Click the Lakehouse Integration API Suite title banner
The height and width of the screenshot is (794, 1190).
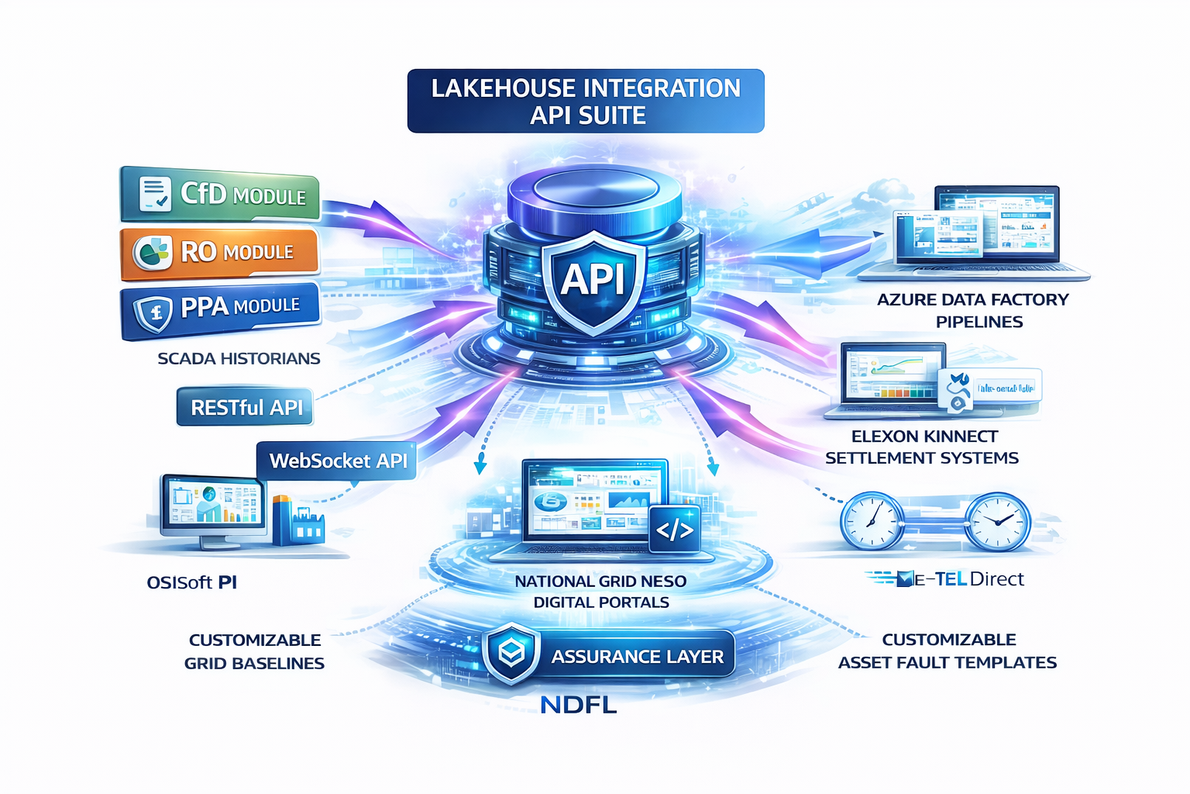click(x=586, y=102)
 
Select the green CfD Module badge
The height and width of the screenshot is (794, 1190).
click(x=221, y=194)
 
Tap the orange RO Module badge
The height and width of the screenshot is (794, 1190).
click(x=220, y=252)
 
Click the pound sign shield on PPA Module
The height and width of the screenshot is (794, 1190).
click(x=154, y=312)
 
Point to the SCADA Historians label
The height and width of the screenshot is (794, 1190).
click(x=239, y=358)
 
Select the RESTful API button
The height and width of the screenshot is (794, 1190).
click(x=245, y=407)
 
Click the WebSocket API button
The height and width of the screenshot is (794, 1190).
click(x=337, y=461)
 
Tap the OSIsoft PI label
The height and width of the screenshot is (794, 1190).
click(x=192, y=582)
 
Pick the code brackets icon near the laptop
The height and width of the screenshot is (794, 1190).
click(x=674, y=530)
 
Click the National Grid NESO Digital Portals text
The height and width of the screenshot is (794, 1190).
click(x=600, y=592)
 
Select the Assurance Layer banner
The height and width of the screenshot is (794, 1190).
click(x=609, y=656)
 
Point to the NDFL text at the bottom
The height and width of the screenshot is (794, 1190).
click(x=578, y=705)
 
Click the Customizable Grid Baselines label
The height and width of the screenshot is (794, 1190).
click(x=254, y=651)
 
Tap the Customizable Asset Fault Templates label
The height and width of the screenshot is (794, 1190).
click(x=948, y=651)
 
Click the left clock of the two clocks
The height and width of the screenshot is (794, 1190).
click(x=872, y=521)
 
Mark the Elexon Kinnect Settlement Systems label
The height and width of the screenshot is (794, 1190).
click(x=922, y=447)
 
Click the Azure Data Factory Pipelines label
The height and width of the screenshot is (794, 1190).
click(x=973, y=310)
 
